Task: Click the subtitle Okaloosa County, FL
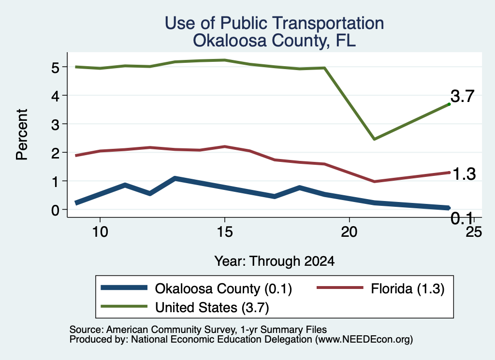tap(275, 41)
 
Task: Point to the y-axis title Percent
tap(22, 134)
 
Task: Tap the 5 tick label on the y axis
tap(55, 68)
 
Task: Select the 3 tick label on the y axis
tap(55, 125)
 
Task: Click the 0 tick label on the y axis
tap(55, 210)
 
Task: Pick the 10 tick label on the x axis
tap(100, 232)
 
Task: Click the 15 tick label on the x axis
tap(225, 232)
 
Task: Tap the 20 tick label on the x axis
tap(349, 232)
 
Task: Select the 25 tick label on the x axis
tap(474, 232)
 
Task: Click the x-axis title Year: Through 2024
tap(275, 261)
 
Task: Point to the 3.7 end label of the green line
tap(462, 96)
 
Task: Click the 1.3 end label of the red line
tap(464, 174)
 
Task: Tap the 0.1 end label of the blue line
tap(462, 218)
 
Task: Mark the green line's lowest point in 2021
tap(374, 139)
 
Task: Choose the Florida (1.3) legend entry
tap(380, 288)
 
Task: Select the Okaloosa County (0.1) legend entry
tap(196, 288)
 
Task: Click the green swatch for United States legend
tap(124, 306)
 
